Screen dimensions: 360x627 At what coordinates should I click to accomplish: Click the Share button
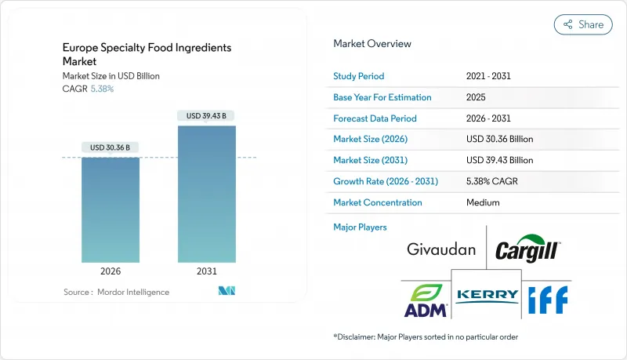click(583, 24)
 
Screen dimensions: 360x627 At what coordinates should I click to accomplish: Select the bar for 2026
click(111, 209)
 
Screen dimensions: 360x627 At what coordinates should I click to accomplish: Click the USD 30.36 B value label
click(111, 147)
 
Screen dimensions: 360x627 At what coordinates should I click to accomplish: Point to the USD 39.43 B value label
click(206, 116)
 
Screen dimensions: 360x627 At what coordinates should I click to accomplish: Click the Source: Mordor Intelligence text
click(116, 292)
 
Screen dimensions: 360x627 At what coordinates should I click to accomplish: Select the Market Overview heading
click(372, 44)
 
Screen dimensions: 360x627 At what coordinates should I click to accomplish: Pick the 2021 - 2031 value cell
click(490, 76)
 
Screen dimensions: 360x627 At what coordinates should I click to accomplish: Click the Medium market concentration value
click(483, 202)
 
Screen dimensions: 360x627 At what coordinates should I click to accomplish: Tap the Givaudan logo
click(441, 250)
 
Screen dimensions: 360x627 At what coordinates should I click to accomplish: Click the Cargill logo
click(527, 249)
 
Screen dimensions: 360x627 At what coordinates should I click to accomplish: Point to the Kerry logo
click(487, 295)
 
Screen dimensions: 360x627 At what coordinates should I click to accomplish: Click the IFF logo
click(547, 298)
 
